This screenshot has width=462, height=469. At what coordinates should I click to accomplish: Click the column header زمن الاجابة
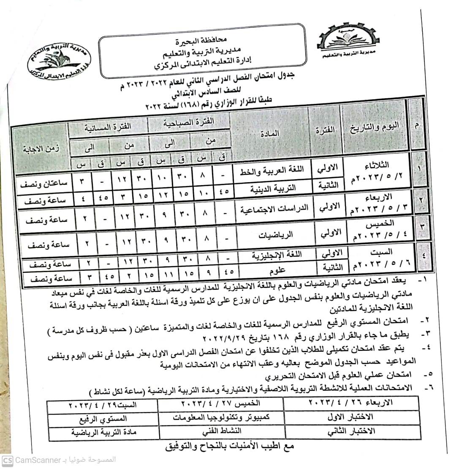pyautogui.click(x=42, y=148)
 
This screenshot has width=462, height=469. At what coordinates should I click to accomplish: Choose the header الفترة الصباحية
pyautogui.click(x=190, y=122)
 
